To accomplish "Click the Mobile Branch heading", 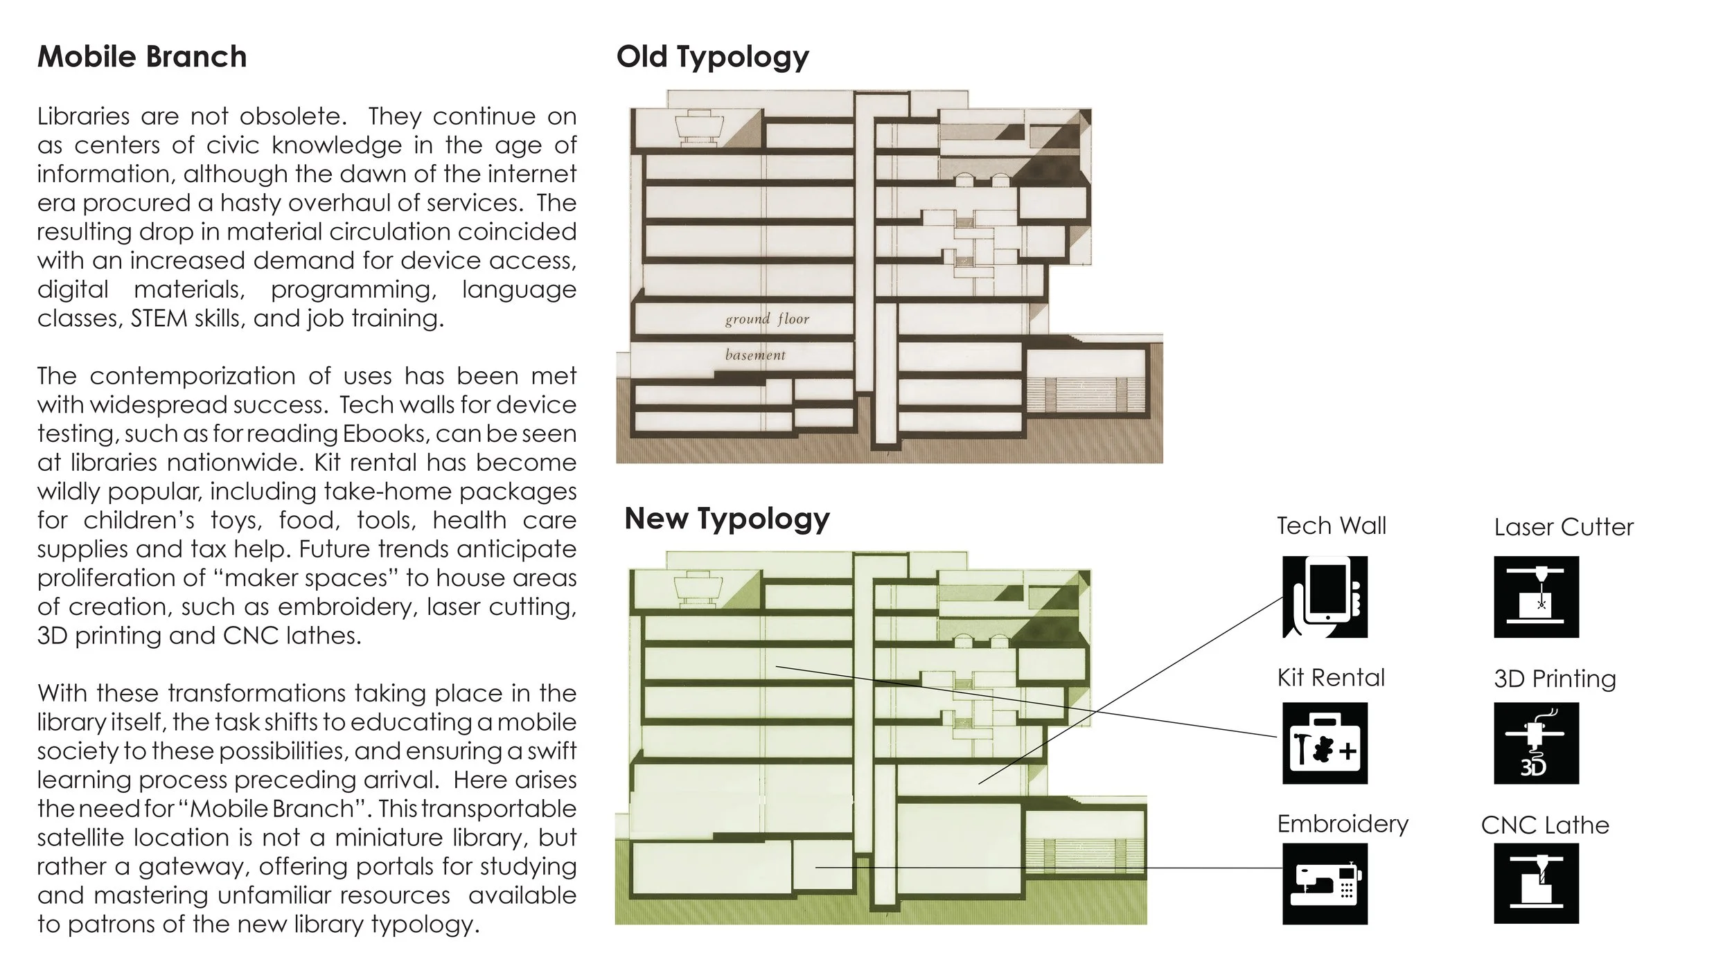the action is pos(142,57).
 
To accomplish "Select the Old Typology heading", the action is pos(712,57).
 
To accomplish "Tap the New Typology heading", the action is pos(727,519).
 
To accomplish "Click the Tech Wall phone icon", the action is pos(1325,596).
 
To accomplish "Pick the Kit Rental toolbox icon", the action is pos(1325,743).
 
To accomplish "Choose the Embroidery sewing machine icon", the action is pos(1325,884).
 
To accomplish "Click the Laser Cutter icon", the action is pos(1536,596).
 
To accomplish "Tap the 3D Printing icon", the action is pos(1536,743).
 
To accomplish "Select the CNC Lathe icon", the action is pos(1536,884).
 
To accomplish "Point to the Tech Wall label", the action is pos(1332,526).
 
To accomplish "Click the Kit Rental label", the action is pos(1331,677).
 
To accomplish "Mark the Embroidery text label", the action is pos(1343,824).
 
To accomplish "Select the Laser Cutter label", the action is pos(1564,527).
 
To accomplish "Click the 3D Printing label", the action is pos(1555,679).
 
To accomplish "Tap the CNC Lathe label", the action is pos(1545,825).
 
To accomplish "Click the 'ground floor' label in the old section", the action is pos(767,319).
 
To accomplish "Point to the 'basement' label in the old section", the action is pos(755,355).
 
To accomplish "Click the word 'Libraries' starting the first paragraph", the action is pos(84,116).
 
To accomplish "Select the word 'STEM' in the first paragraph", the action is pos(159,319).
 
